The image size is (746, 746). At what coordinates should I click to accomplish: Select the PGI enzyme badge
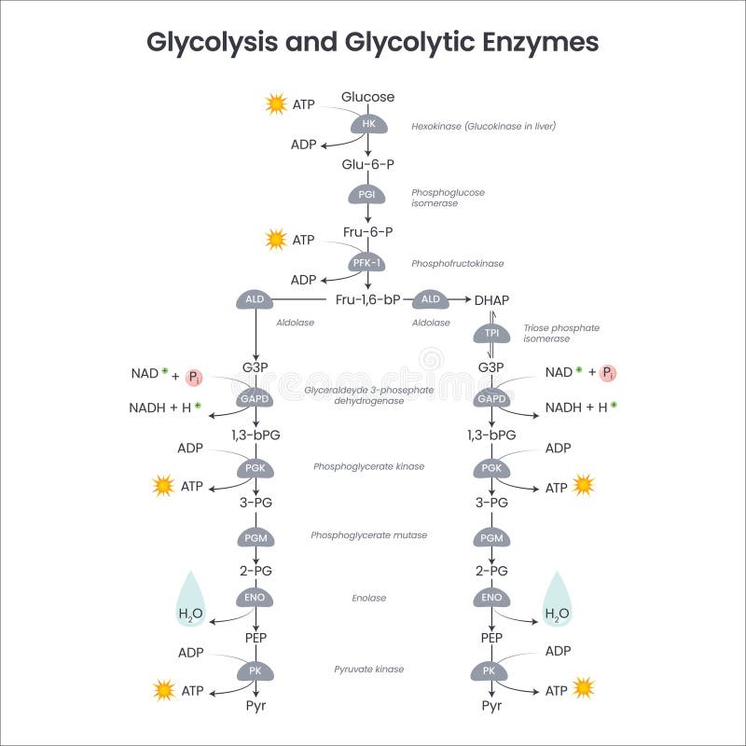point(367,195)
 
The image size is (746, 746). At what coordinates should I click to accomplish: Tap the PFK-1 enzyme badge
point(367,264)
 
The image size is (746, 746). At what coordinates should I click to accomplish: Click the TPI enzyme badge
point(490,334)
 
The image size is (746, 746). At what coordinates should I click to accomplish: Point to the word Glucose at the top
point(367,97)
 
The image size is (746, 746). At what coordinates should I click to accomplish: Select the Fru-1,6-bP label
point(368,299)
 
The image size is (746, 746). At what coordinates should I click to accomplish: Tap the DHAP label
point(491,299)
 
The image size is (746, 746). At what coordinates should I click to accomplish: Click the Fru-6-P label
point(367,231)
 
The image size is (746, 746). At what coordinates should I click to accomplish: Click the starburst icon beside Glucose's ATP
point(275,104)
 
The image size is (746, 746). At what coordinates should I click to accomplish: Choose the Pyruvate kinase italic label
point(369,670)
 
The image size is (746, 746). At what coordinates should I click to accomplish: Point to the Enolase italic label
point(370,598)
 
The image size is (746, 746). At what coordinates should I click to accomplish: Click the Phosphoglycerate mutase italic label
point(369,535)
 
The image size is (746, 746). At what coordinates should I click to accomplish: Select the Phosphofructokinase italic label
point(457,264)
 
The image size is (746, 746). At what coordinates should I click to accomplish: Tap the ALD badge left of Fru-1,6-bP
point(256,299)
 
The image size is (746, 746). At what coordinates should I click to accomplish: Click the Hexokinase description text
point(483,126)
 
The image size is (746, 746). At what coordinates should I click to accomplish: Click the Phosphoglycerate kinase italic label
point(369,466)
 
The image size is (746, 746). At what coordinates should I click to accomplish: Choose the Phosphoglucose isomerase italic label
point(448,198)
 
